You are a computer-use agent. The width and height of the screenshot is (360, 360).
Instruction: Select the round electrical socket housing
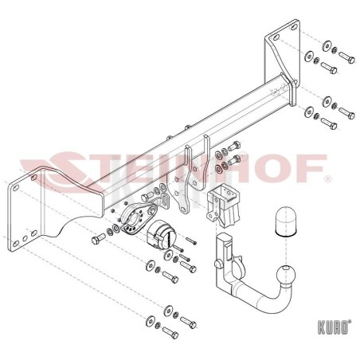[161, 235]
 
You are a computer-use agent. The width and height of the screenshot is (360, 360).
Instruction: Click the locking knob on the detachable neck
[217, 264]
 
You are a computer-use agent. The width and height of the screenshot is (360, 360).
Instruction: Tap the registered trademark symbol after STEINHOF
[328, 180]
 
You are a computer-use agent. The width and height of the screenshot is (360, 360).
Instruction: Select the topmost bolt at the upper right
[346, 57]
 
